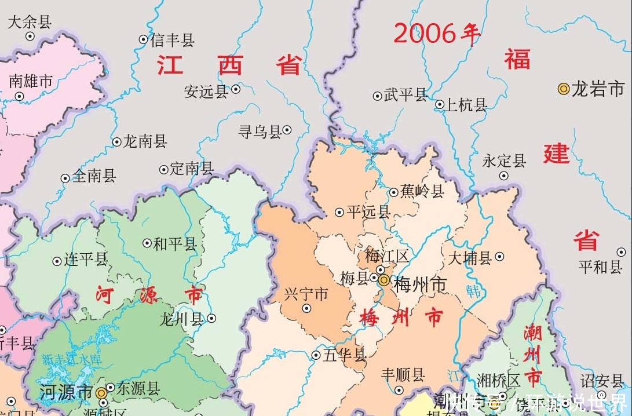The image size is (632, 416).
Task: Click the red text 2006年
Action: point(437,34)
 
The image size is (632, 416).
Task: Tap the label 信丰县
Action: point(172,40)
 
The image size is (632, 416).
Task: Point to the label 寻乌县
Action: point(260,132)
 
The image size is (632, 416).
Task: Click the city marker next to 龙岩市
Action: point(563,89)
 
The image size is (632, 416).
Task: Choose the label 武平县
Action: point(405,94)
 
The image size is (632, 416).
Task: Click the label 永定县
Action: point(504,160)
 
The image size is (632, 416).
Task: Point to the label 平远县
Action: point(368,212)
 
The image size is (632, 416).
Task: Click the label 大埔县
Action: point(469,257)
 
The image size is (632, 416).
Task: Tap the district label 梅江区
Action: point(386,255)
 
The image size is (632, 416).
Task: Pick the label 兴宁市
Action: point(306,294)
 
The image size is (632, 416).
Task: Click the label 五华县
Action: point(345,355)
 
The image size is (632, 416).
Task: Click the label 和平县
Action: point(175,244)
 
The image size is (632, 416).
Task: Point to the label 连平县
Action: point(86,259)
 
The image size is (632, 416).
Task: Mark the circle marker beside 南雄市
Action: point(19,96)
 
